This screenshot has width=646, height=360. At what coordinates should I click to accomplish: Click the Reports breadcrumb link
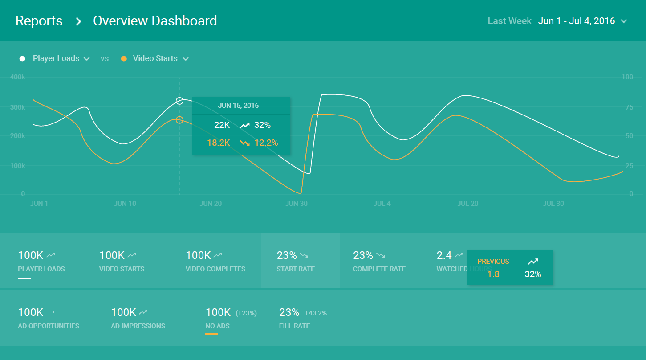(39, 21)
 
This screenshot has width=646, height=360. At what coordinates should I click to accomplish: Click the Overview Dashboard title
(155, 21)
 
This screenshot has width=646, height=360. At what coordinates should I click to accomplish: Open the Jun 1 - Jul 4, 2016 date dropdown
(582, 21)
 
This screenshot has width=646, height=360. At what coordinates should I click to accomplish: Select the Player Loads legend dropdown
(61, 58)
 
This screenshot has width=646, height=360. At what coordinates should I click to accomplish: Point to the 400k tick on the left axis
(17, 77)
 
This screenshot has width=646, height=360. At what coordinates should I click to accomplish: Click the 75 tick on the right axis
(627, 107)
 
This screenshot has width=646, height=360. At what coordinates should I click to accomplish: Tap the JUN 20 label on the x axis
(211, 204)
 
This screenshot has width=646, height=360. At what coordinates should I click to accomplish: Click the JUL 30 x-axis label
(553, 204)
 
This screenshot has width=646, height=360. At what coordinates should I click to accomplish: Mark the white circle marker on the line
(179, 101)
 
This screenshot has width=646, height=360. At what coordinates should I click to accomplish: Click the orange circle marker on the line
(179, 120)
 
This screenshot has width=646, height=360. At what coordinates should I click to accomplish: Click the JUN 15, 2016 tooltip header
(238, 106)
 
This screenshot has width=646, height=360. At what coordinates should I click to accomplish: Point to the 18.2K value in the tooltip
(218, 143)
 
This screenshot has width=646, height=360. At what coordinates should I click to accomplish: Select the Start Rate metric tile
(300, 261)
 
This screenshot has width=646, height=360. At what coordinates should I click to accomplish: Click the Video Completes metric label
(215, 269)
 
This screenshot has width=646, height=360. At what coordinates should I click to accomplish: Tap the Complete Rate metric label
(379, 269)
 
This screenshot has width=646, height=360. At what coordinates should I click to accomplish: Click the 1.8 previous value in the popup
(493, 274)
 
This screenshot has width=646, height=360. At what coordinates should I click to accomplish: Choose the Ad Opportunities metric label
(49, 326)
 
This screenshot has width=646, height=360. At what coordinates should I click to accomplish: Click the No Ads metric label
(217, 326)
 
